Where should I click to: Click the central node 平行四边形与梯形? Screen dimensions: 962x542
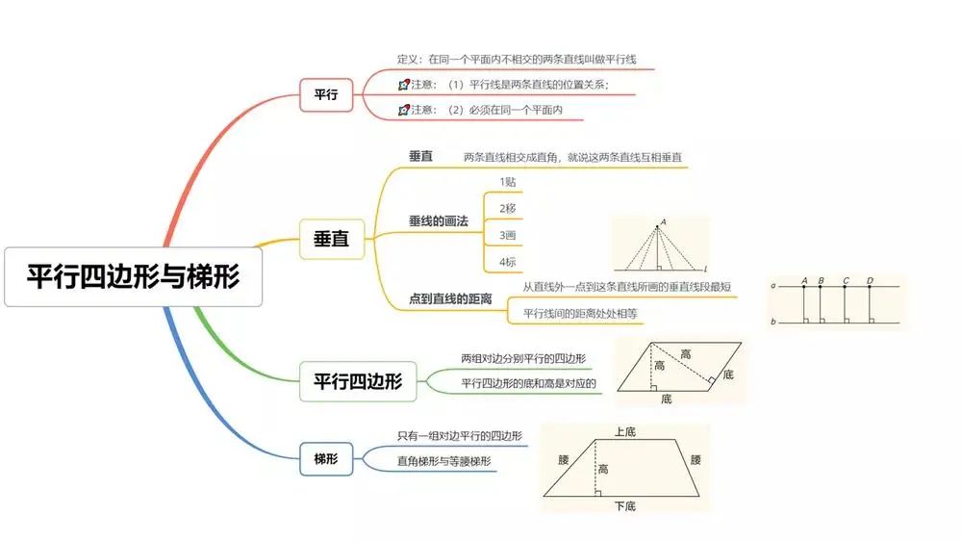133,277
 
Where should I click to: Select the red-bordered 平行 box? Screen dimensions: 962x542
327,94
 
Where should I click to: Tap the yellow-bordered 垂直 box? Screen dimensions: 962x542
332,239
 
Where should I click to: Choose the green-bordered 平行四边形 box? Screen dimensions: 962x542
358,381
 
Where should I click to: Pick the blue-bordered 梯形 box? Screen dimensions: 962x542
326,459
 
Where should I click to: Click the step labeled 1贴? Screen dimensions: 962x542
508,181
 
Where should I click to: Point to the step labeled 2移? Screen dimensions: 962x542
508,208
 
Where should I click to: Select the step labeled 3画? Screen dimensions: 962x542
508,235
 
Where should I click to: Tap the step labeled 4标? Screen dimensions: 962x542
508,262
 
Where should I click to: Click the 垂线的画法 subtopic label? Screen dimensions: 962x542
438,221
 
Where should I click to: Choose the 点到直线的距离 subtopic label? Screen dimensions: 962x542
450,299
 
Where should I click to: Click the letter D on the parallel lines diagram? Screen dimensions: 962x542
870,281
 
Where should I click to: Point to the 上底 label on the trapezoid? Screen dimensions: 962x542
624,432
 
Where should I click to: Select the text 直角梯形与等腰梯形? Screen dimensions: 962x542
444,461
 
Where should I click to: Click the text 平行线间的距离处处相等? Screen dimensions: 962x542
580,313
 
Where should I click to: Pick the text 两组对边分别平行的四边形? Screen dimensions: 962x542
523,358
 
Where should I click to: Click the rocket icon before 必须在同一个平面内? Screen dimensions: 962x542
403,110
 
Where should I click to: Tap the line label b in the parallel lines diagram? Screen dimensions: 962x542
772,322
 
